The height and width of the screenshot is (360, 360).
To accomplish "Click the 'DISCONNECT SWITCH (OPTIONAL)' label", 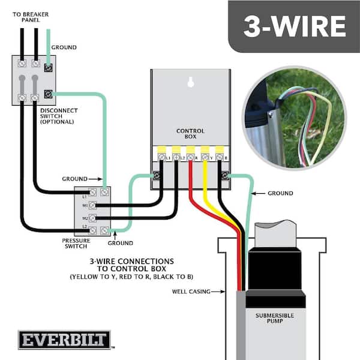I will (x=57, y=116).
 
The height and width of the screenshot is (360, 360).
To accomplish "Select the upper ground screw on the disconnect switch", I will (x=48, y=67).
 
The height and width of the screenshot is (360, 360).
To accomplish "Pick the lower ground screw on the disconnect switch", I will (x=48, y=94).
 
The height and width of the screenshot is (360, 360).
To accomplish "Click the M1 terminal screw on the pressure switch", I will (x=92, y=205).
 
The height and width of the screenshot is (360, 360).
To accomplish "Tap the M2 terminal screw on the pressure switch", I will (x=92, y=218).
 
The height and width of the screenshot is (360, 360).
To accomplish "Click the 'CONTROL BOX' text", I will (x=190, y=134).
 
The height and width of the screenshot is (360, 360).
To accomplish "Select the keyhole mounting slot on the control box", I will (x=191, y=82).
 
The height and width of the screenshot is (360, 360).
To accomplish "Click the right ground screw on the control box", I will (x=226, y=176).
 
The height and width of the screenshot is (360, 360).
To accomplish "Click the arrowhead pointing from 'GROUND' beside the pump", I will (x=253, y=193).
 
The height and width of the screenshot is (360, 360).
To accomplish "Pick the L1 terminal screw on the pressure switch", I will (x=92, y=192).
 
